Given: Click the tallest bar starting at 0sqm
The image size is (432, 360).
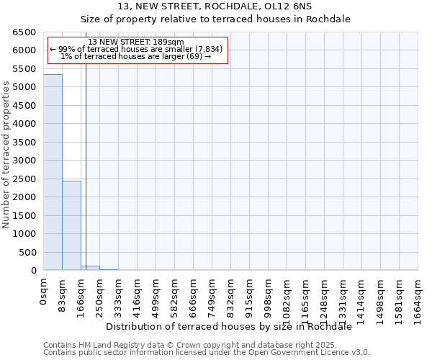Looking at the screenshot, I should pyautogui.click(x=53, y=173).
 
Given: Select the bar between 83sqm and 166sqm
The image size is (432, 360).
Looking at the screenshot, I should pyautogui.click(x=71, y=225).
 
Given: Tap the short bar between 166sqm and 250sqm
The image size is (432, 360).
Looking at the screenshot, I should pyautogui.click(x=90, y=268).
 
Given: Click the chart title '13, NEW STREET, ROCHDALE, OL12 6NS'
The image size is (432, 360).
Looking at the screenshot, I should pyautogui.click(x=215, y=6).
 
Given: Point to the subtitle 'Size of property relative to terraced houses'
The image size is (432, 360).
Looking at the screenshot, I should pyautogui.click(x=215, y=19).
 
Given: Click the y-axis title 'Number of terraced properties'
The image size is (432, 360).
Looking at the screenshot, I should pyautogui.click(x=6, y=155).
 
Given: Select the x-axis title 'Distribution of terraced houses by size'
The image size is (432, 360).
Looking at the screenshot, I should pyautogui.click(x=233, y=326).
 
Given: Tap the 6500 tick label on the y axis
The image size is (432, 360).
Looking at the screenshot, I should pyautogui.click(x=24, y=32).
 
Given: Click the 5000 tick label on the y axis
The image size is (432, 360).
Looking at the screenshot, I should pyautogui.click(x=24, y=87).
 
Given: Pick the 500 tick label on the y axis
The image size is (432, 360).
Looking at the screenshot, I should pyautogui.click(x=27, y=252).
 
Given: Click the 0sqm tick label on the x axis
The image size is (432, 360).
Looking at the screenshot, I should pyautogui.click(x=44, y=292).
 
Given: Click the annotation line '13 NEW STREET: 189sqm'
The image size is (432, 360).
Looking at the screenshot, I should pyautogui.click(x=136, y=42).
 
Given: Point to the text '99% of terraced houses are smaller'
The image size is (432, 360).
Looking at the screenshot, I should pyautogui.click(x=136, y=49).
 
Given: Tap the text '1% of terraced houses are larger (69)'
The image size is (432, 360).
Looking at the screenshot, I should pyautogui.click(x=136, y=56).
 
